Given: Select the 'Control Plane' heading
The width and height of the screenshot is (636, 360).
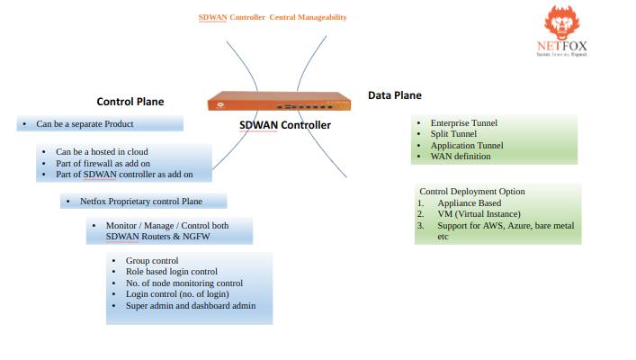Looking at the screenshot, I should click(130, 102).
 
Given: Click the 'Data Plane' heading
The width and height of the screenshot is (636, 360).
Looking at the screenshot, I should click(394, 95).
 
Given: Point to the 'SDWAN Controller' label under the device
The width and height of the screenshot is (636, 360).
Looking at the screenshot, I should click(284, 125).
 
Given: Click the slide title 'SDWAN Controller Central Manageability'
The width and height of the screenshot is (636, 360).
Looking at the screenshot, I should click(273, 17).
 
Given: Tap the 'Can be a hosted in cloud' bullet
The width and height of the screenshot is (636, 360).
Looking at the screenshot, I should click(102, 151).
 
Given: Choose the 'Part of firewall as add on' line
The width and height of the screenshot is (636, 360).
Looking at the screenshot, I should click(103, 163).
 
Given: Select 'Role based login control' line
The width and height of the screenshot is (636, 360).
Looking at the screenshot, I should click(172, 272).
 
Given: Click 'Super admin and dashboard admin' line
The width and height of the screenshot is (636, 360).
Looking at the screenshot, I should click(191, 306).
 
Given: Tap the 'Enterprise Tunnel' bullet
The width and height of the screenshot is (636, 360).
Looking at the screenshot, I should click(463, 122).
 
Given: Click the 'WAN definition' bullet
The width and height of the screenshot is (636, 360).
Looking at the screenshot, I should click(461, 157).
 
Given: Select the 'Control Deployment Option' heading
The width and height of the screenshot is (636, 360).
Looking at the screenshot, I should click(472, 192).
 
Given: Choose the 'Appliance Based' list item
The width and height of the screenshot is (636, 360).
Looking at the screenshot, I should click(469, 203).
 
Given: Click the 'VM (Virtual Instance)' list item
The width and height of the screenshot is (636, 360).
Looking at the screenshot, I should click(479, 214).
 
